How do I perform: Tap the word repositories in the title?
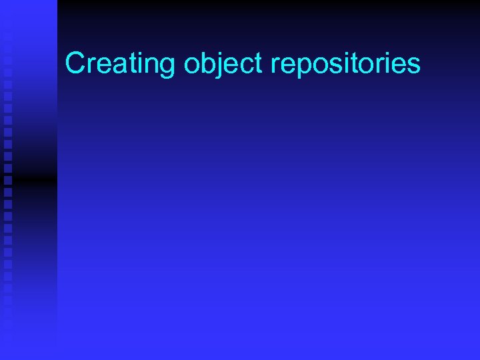click(x=346, y=64)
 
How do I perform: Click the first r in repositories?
click(x=276, y=65)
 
